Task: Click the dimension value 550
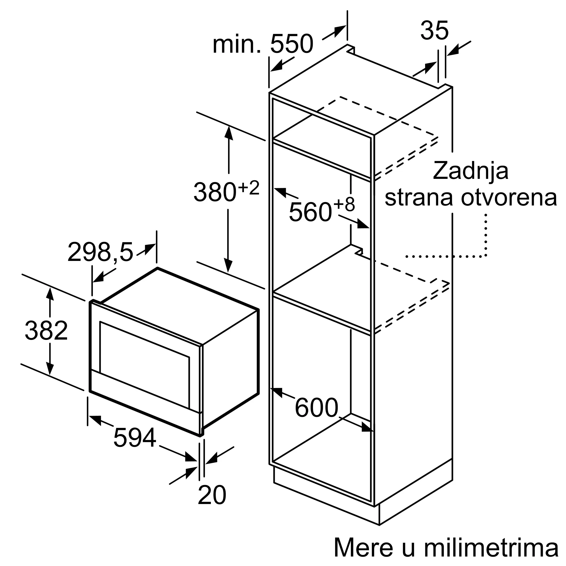click(x=291, y=44)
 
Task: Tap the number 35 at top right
click(x=434, y=31)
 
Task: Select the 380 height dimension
click(x=215, y=192)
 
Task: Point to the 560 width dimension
click(x=310, y=212)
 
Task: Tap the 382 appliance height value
click(x=46, y=331)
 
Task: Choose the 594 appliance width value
click(x=134, y=438)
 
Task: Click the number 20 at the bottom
click(x=212, y=495)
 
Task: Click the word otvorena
click(x=509, y=198)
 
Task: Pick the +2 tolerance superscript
click(x=249, y=188)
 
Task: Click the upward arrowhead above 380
click(x=228, y=133)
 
